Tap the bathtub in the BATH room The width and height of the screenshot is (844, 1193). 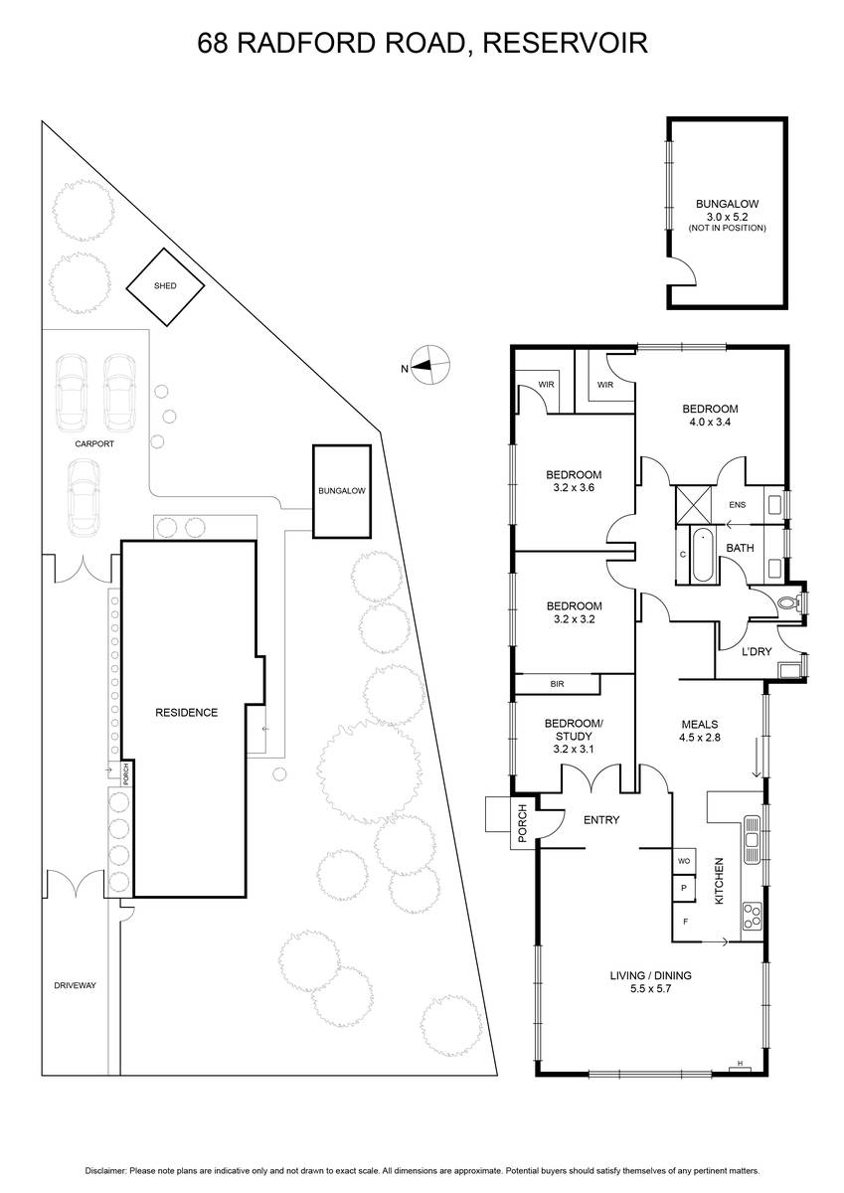click(702, 555)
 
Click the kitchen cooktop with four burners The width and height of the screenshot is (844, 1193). click(752, 917)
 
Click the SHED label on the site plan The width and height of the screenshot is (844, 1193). click(165, 286)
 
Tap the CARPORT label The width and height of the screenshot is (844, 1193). click(94, 443)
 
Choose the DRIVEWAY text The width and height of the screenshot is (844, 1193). click(76, 985)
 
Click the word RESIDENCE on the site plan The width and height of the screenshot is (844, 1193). click(186, 713)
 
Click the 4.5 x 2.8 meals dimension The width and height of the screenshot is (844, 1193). click(700, 738)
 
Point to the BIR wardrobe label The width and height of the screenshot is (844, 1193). click(557, 684)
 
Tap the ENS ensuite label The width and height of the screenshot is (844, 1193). click(738, 504)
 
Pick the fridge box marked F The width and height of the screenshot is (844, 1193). click(684, 922)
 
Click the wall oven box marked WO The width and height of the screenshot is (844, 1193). click(684, 861)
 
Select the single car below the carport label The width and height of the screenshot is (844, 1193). click(84, 498)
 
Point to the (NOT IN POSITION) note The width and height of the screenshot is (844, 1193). click(727, 228)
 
